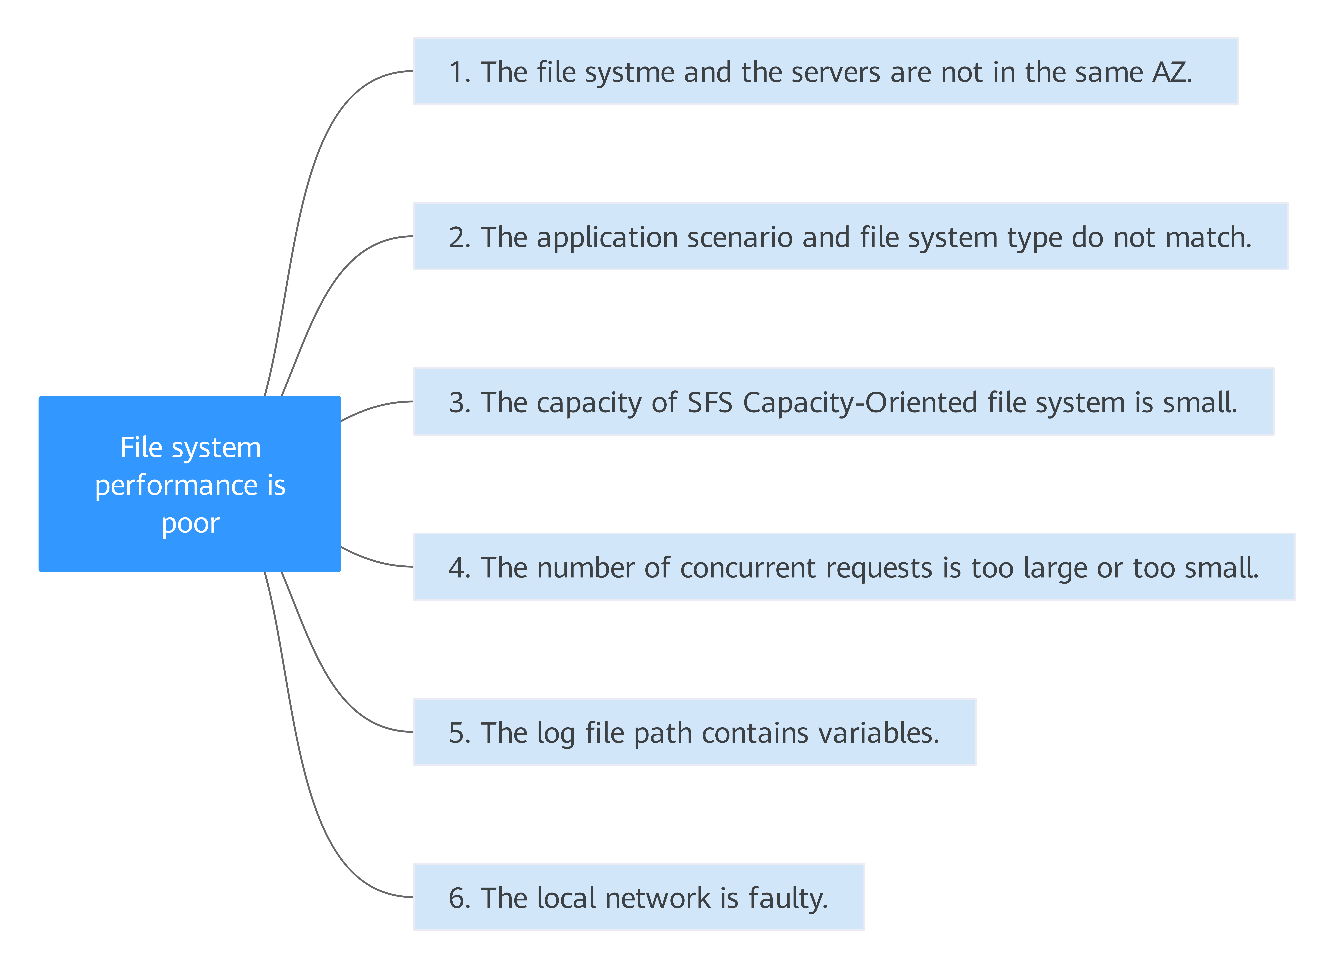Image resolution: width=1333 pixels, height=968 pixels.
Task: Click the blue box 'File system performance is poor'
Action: pyautogui.click(x=190, y=484)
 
